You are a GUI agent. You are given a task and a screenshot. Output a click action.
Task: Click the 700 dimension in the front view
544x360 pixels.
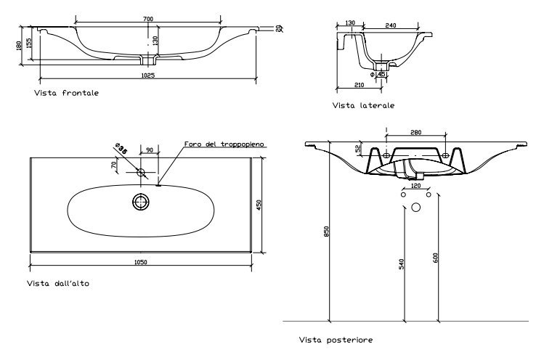[x=148, y=19]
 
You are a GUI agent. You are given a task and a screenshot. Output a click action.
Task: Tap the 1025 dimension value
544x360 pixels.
[x=148, y=75]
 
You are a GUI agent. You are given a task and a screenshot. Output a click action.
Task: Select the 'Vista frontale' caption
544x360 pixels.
[x=66, y=93]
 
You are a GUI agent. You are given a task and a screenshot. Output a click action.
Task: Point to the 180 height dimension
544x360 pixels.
[x=19, y=46]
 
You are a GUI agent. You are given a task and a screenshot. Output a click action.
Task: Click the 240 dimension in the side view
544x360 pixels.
[x=391, y=25]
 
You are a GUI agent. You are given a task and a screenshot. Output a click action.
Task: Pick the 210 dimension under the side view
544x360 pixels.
[x=359, y=85]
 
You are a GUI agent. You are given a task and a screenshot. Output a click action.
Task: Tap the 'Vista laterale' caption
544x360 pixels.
[x=363, y=105]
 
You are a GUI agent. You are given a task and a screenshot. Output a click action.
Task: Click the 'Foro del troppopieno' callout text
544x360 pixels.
[x=224, y=144]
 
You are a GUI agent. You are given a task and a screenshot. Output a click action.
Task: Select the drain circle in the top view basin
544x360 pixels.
[x=141, y=202]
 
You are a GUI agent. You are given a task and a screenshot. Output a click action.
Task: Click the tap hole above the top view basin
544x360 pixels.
[x=140, y=172]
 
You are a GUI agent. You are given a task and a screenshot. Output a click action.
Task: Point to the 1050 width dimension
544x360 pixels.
[x=140, y=262]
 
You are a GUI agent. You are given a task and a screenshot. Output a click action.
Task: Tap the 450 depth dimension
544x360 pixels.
[x=259, y=205]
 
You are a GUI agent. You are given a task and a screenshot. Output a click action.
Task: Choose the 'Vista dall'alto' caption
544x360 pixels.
[x=58, y=283]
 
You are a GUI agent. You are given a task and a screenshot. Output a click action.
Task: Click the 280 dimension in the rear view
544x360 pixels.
[x=415, y=132]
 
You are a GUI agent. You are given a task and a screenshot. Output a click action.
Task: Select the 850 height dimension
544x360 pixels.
[x=326, y=232]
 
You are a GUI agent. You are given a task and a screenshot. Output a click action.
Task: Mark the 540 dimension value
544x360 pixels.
[x=402, y=264]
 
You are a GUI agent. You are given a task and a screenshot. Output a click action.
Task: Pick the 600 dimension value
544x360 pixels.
[x=436, y=258]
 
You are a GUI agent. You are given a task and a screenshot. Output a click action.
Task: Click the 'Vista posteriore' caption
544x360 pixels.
[x=336, y=340]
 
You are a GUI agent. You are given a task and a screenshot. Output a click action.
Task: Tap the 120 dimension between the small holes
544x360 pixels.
[x=415, y=186]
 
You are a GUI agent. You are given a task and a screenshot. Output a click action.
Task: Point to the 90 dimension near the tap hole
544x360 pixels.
[x=150, y=150]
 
